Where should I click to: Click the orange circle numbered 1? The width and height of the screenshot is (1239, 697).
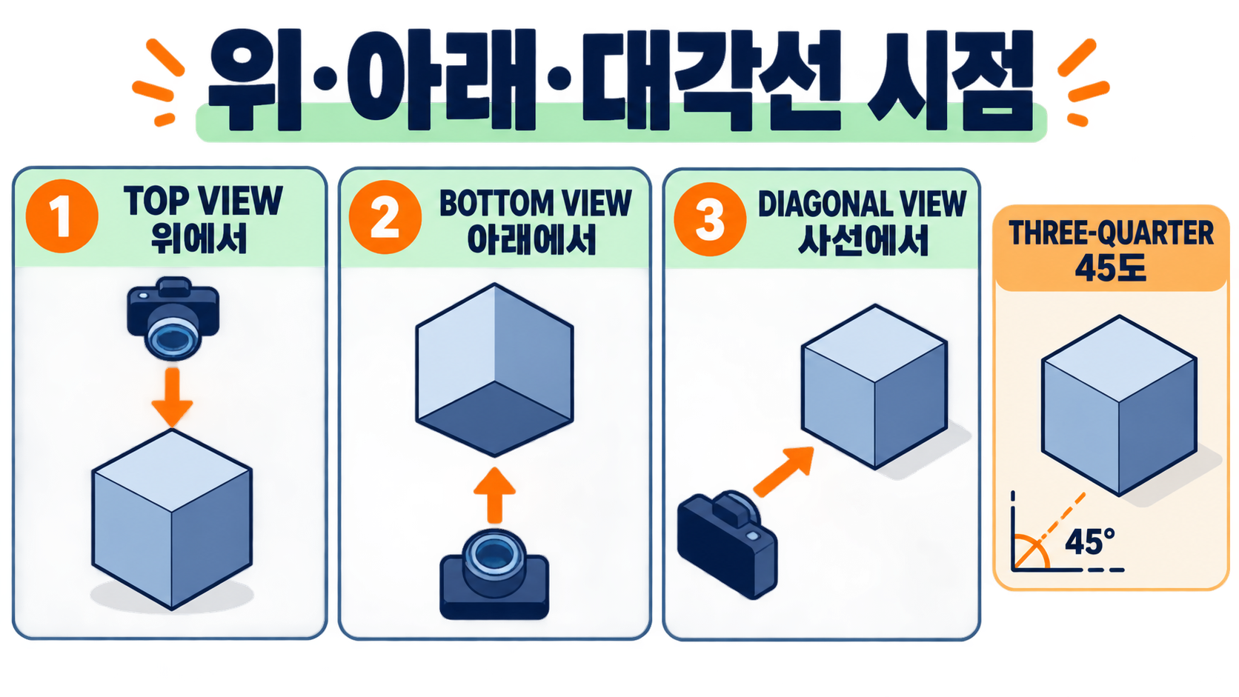62,216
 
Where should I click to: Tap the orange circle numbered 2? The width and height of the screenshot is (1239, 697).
385,217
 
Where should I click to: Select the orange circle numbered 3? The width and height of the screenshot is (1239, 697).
710,219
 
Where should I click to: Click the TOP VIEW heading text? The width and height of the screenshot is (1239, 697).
203,201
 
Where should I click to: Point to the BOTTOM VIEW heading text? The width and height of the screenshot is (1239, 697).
536,203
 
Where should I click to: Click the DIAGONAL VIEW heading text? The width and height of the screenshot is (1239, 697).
863,204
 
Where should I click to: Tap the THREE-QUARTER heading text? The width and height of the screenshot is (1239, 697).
1111,233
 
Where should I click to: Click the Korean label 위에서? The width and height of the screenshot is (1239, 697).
199,239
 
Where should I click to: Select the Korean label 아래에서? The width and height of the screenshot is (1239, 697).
531,240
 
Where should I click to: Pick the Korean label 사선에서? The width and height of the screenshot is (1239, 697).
863,241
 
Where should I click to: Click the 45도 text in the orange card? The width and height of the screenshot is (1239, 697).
1110,268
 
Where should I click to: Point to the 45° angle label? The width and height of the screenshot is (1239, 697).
1089,541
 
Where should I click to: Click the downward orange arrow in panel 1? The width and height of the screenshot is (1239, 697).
172,398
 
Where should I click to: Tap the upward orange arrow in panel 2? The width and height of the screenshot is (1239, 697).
494,496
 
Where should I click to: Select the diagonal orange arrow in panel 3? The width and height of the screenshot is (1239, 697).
784,472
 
